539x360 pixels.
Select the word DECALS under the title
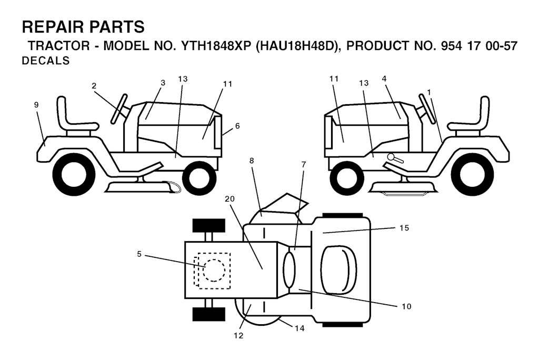click(46, 61)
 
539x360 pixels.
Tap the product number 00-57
click(502, 46)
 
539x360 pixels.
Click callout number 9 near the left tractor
click(36, 105)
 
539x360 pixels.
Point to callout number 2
click(94, 86)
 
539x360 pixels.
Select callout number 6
click(237, 126)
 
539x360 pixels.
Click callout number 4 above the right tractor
click(384, 79)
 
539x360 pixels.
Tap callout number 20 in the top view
click(229, 199)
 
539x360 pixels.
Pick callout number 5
click(139, 254)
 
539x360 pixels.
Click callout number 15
click(404, 228)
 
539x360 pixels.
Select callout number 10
click(406, 306)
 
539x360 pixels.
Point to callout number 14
click(300, 328)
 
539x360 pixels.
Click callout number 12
click(238, 336)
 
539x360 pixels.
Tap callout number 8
click(252, 161)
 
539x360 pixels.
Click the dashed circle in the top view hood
click(214, 270)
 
